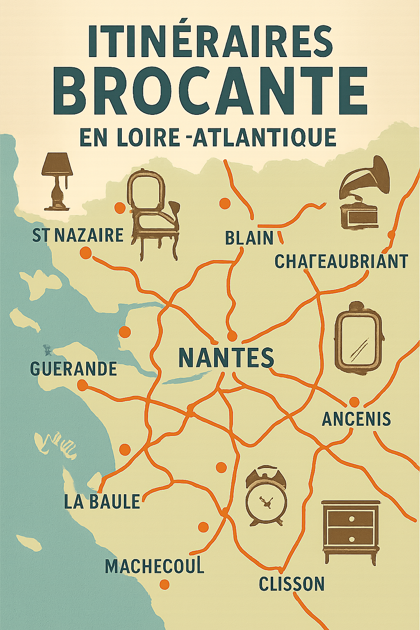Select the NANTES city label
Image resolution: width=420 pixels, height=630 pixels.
226,357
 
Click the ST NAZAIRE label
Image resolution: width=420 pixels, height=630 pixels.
78,235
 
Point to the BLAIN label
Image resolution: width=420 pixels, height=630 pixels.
249,238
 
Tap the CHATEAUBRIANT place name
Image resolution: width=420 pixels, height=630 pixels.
341,261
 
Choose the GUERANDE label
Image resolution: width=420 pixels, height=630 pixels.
74,368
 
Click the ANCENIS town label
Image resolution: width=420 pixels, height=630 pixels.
356,419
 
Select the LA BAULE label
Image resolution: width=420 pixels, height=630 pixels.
102,501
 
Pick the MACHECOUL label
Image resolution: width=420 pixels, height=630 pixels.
155,566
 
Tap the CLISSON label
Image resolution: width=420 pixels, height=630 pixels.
292,583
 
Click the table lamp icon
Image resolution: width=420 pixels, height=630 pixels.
57,180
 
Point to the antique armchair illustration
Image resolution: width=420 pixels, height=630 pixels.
153,213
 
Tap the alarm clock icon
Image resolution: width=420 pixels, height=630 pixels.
266,496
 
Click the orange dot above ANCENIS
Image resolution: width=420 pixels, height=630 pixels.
354,402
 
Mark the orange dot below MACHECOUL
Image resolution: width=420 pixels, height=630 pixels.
164,584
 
